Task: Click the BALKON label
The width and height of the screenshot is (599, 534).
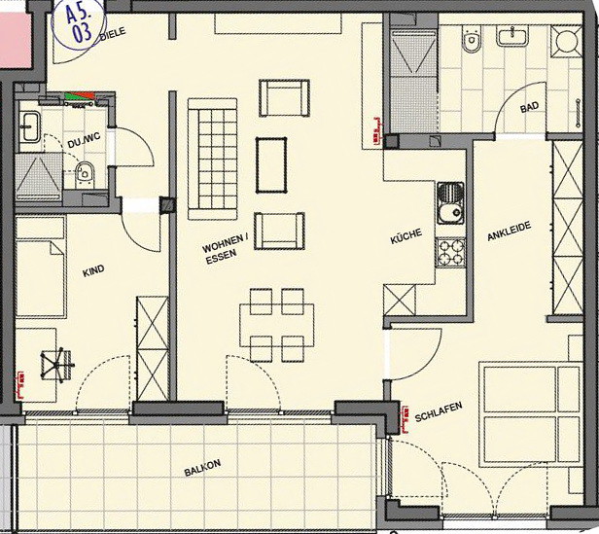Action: pos(202,468)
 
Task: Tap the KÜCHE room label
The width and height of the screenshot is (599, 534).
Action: pos(406,235)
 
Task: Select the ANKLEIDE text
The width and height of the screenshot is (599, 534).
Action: pos(510,231)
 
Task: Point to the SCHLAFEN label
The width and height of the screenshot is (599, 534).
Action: pos(439,411)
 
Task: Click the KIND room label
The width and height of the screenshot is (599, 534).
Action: pos(93,270)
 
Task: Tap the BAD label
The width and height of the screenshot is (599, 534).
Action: pos(529,107)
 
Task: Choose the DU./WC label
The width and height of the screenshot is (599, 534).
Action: pos(84,140)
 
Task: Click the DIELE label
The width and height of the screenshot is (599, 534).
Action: pos(113,33)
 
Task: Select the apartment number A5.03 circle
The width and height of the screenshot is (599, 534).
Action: pos(79,23)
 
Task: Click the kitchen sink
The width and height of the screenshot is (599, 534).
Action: pos(451,203)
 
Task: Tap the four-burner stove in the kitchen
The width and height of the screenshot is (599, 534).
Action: pos(451,252)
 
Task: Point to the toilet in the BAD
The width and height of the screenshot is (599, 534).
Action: pos(473,39)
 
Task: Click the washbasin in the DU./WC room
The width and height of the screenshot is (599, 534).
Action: pos(29,126)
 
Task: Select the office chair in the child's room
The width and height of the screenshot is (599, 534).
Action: pos(57,365)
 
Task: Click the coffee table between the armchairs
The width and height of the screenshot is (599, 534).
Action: pos(271,165)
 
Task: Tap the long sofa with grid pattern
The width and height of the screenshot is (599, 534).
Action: pos(212,159)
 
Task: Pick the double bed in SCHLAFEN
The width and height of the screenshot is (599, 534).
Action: pos(531,414)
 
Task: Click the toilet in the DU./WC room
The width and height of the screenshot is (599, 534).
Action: pos(85,175)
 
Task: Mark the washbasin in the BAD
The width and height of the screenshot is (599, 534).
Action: pos(511,36)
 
